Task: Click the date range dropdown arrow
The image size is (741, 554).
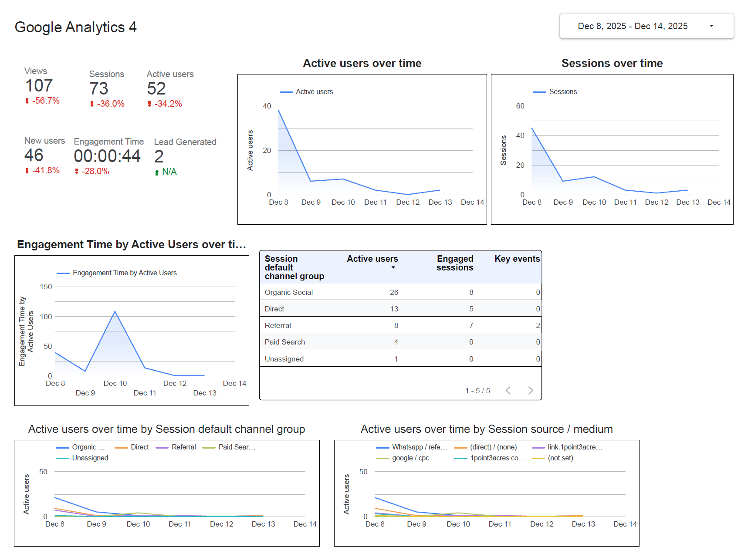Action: [711, 26]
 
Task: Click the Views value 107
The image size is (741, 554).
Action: [39, 86]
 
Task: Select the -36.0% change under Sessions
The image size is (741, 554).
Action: [110, 104]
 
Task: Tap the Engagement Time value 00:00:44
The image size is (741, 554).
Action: [107, 156]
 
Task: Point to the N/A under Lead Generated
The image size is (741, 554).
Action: [169, 172]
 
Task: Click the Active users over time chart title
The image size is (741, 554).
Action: [362, 63]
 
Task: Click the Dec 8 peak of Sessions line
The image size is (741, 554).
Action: [532, 128]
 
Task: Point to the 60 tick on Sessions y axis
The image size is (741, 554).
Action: [520, 106]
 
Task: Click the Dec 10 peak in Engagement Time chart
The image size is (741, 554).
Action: [115, 311]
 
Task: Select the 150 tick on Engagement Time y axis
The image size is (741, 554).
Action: [46, 287]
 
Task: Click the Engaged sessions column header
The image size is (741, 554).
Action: [455, 263]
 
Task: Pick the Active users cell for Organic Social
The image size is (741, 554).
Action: [394, 292]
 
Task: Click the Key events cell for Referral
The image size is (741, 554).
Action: [538, 325]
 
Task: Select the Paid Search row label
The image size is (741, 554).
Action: [284, 342]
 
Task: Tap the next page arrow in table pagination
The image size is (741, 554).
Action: [530, 390]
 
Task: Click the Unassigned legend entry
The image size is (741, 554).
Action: [90, 458]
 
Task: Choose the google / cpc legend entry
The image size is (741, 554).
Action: [410, 458]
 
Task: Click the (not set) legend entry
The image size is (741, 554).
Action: [560, 458]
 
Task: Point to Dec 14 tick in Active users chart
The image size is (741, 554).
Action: [472, 202]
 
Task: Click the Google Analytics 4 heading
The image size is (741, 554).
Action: [75, 27]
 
